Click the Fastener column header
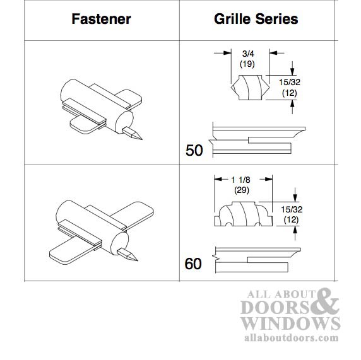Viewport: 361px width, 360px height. click(102, 19)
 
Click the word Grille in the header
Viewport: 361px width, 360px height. click(232, 19)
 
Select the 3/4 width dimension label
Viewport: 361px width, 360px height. click(248, 54)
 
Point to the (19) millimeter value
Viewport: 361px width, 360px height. click(247, 64)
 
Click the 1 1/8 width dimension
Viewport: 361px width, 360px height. click(240, 180)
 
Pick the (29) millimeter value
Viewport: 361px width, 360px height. click(242, 190)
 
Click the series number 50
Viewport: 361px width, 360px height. click(194, 150)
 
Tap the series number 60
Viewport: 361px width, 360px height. click(193, 264)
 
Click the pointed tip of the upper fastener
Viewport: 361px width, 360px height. click(142, 139)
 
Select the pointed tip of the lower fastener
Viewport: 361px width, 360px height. click(138, 261)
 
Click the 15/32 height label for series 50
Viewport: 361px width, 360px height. click(290, 82)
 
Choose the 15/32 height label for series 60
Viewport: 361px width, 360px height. click(292, 209)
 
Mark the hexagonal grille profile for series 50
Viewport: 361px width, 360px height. click(251, 88)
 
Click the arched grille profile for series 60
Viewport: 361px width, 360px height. click(243, 214)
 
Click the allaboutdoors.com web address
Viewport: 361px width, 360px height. click(291, 338)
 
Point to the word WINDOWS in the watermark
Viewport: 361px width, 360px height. click(290, 323)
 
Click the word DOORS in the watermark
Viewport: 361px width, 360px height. click(275, 307)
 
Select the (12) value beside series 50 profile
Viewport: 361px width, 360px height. click(290, 93)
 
